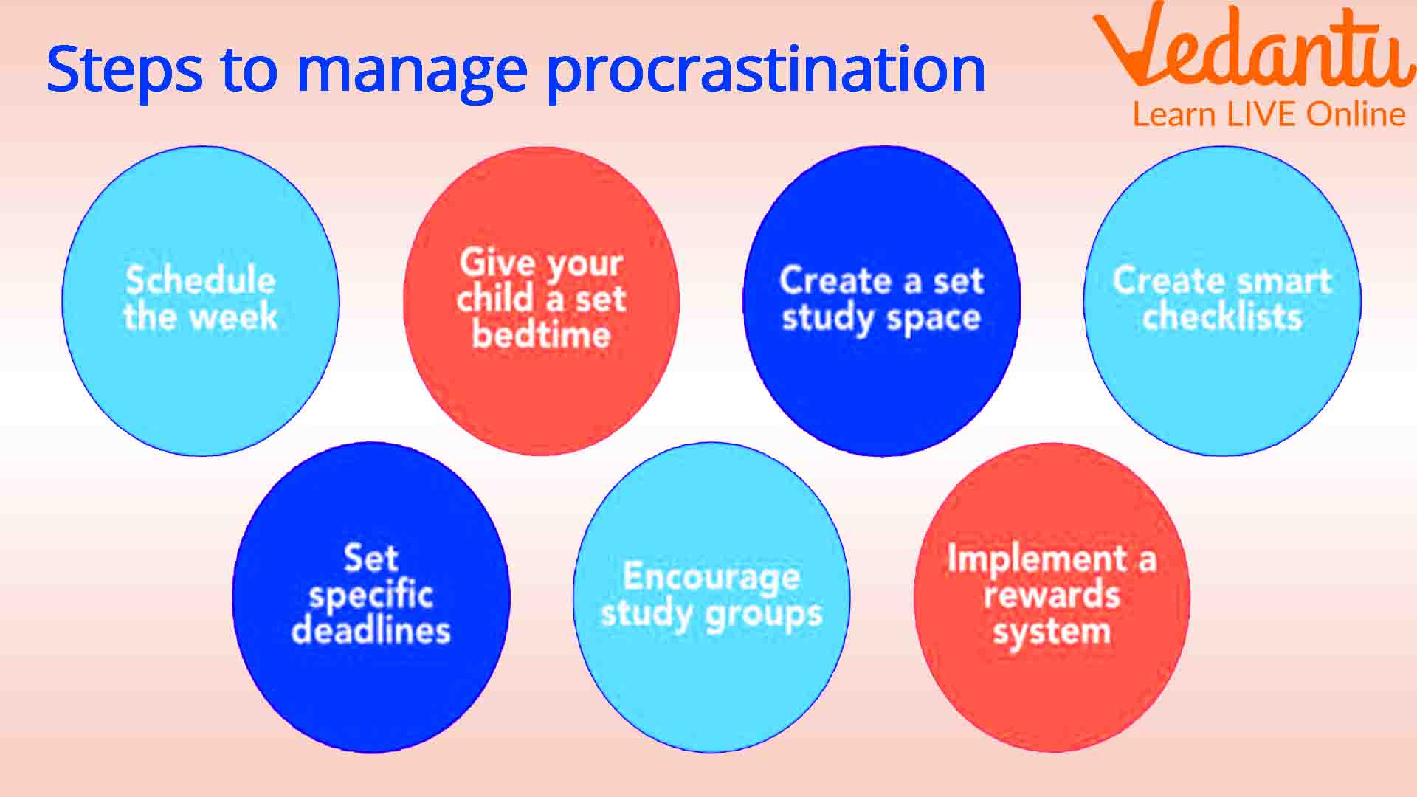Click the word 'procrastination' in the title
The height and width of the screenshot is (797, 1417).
(x=766, y=71)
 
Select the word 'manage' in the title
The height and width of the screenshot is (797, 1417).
(x=412, y=75)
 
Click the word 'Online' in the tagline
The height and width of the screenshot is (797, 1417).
(x=1356, y=114)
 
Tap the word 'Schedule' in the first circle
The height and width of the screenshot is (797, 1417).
(x=201, y=280)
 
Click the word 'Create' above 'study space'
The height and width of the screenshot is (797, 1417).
(x=836, y=280)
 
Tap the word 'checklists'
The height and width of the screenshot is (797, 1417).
(x=1222, y=317)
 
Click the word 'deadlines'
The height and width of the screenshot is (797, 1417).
(x=370, y=630)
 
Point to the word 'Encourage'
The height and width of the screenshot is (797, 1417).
(x=711, y=577)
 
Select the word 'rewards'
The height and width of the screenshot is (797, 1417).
(x=1052, y=595)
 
